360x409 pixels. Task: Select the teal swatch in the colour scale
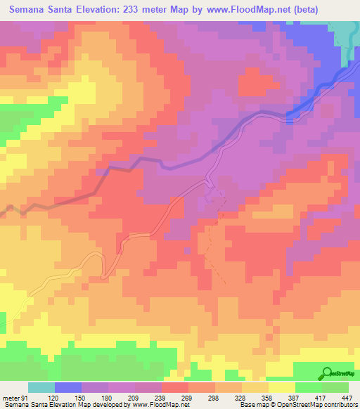pos(41,387)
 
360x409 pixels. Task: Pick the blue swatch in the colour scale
pos(68,387)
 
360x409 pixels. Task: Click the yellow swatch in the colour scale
pos(281,387)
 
